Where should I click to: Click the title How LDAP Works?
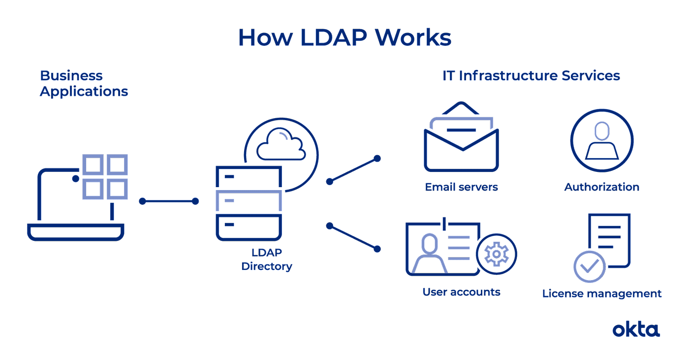344,37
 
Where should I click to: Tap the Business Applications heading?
84,84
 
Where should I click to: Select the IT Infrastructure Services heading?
531,76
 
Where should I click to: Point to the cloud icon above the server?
281,144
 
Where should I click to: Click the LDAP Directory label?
267,260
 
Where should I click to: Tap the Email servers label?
462,187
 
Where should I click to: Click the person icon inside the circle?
601,141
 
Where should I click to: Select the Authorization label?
601,187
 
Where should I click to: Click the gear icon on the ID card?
496,254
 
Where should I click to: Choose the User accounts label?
462,292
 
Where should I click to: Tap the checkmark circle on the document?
590,266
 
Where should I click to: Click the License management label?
601,294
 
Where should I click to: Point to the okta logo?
636,329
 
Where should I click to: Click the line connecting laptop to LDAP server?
169,201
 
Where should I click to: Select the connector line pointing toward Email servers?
353,170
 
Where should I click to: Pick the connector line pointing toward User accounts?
353,237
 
